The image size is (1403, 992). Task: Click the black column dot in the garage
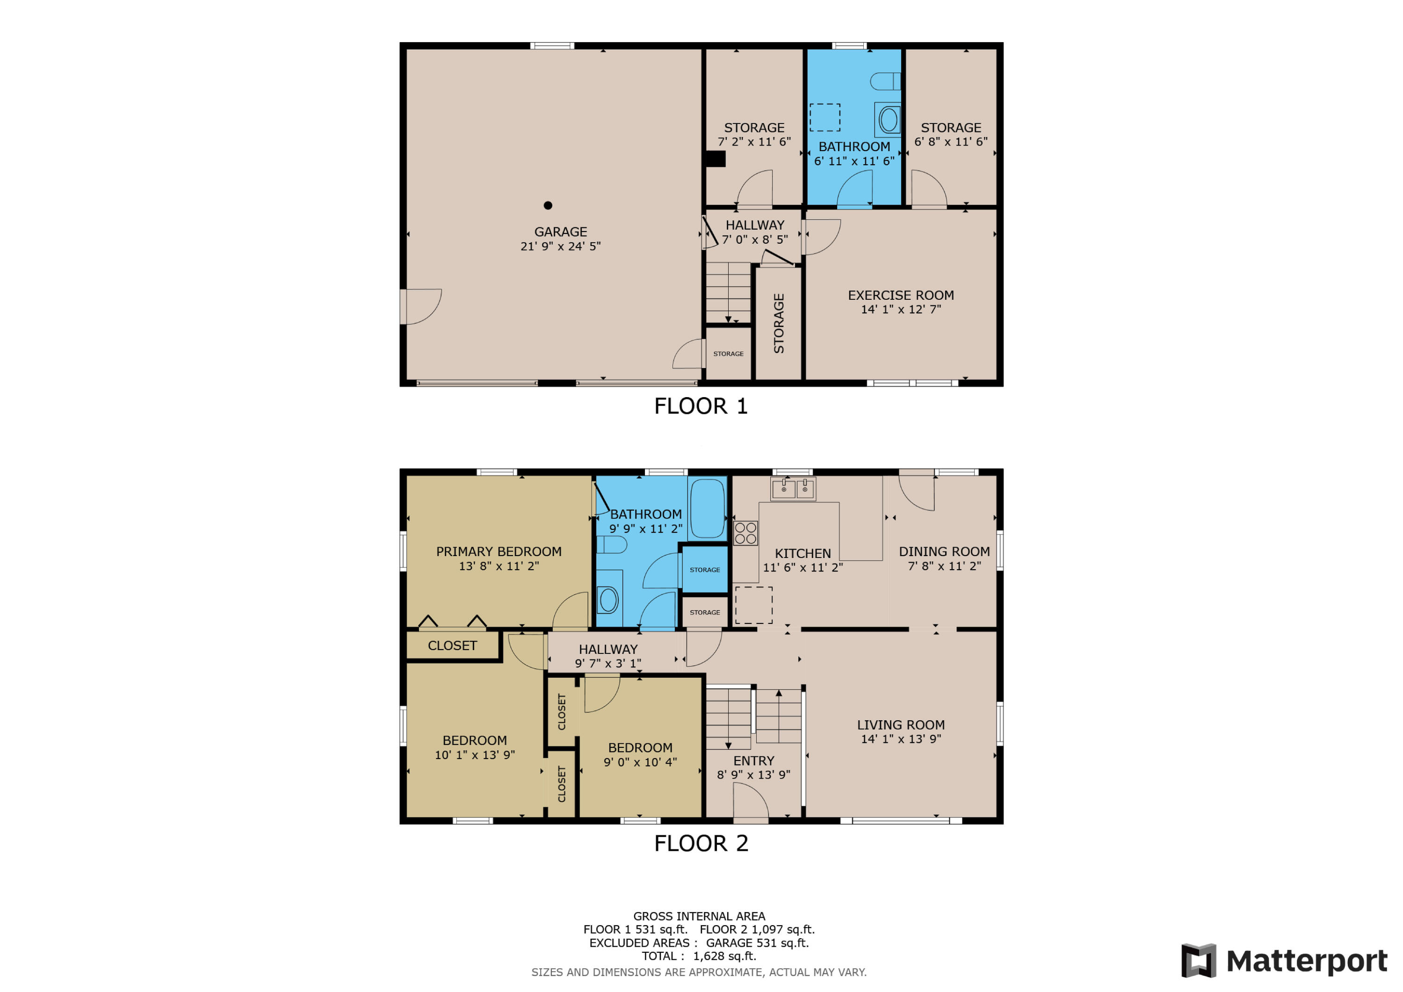[x=548, y=205]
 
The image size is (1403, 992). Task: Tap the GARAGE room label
[x=560, y=232]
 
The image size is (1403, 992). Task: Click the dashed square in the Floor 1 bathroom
[x=824, y=117]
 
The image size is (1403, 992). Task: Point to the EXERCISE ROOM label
[x=900, y=295]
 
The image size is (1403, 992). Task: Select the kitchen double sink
[x=793, y=489]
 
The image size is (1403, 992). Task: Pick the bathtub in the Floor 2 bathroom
[x=707, y=508]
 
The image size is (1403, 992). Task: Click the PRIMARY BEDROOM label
[x=498, y=551]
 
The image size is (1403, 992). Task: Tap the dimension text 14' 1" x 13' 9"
[x=900, y=739]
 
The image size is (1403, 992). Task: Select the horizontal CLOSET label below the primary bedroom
[x=452, y=645]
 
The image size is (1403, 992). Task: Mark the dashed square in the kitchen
[x=753, y=605]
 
